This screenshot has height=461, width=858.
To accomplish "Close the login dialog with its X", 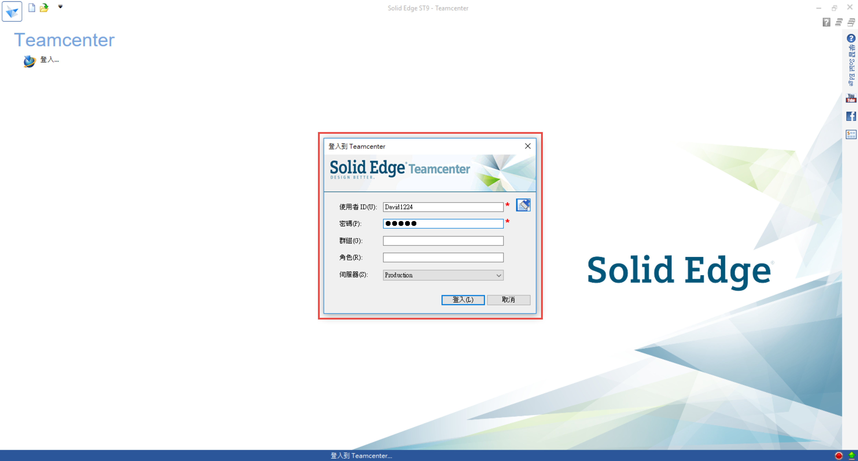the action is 528,146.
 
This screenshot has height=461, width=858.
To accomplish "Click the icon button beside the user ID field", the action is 523,205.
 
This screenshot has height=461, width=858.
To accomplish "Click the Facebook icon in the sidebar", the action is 851,116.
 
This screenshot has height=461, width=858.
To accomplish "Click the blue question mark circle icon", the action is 851,38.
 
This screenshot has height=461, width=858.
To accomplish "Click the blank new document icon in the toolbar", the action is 32,8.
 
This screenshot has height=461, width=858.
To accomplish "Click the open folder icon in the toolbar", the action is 44,8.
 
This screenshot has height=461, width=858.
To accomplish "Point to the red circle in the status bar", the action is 839,455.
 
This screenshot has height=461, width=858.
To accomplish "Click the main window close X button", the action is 850,7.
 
